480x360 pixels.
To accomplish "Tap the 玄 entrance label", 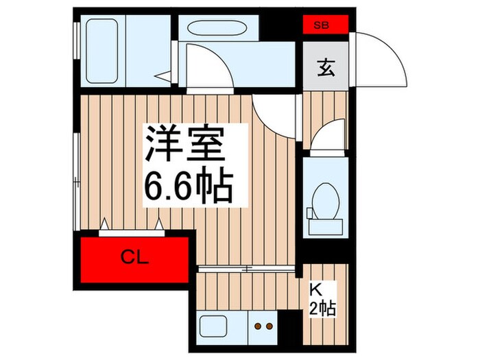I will point(326,69).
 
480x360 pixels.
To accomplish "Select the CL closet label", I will point(134,259).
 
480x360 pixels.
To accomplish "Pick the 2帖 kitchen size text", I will point(322,308).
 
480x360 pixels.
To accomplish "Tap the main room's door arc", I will point(274,113).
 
